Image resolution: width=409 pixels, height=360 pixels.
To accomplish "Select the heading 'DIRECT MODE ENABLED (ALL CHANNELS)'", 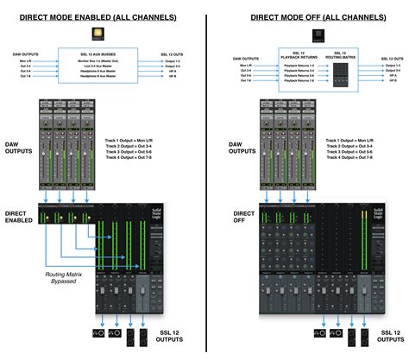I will click(103, 16).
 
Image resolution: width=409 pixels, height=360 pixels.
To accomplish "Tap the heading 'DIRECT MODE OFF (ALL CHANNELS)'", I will click(307, 16).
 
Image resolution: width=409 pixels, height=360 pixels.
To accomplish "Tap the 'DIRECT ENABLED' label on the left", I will click(18, 215).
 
